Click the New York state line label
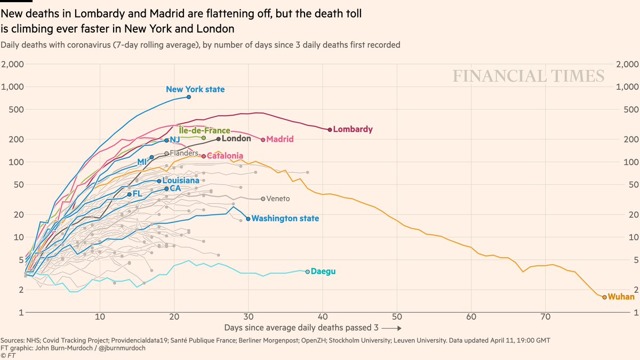click(x=195, y=90)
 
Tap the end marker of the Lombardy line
click(x=330, y=130)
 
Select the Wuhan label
click(x=621, y=297)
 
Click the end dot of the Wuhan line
click(x=604, y=297)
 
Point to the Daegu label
click(x=323, y=271)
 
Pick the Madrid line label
click(x=280, y=139)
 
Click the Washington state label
click(x=285, y=219)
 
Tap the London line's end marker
click(x=219, y=139)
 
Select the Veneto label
click(x=278, y=199)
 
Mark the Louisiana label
click(x=181, y=181)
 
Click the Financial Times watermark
click(x=529, y=76)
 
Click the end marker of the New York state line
click(x=189, y=97)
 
